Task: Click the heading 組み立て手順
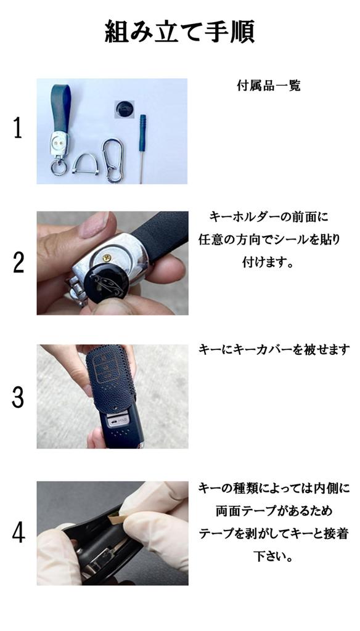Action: click(x=179, y=31)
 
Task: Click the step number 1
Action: click(x=18, y=129)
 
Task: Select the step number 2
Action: click(x=18, y=263)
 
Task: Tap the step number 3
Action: click(x=18, y=397)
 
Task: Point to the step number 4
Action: click(x=18, y=532)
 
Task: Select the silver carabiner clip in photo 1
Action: click(x=113, y=160)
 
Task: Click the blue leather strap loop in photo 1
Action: click(x=62, y=108)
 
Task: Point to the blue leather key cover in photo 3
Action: click(x=109, y=379)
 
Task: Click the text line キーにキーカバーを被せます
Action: click(x=274, y=349)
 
